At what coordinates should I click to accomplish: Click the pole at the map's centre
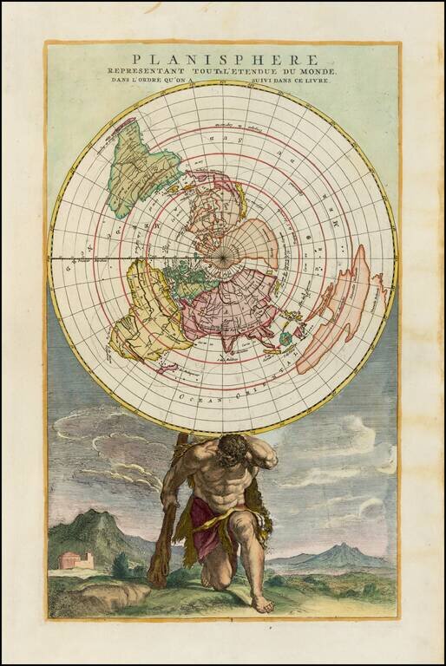click(224, 258)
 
